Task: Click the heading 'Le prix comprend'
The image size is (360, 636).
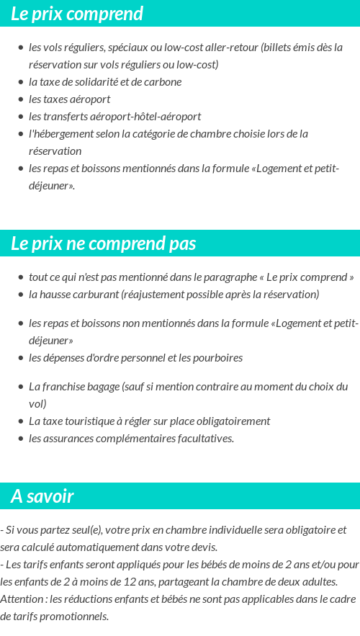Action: [77, 14]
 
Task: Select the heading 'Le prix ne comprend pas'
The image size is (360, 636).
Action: [103, 243]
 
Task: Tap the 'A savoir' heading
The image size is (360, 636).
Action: [42, 496]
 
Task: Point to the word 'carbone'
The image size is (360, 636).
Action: [163, 81]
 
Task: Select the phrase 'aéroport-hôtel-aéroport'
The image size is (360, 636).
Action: [153, 116]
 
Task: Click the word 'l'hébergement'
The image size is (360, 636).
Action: [59, 133]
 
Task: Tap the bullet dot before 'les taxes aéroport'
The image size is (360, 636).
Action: [21, 99]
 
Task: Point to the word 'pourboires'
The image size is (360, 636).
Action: [217, 357]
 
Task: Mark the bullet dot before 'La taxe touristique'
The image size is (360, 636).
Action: [21, 421]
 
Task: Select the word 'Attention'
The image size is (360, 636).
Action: [22, 599]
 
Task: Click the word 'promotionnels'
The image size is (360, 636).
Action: [73, 616]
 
